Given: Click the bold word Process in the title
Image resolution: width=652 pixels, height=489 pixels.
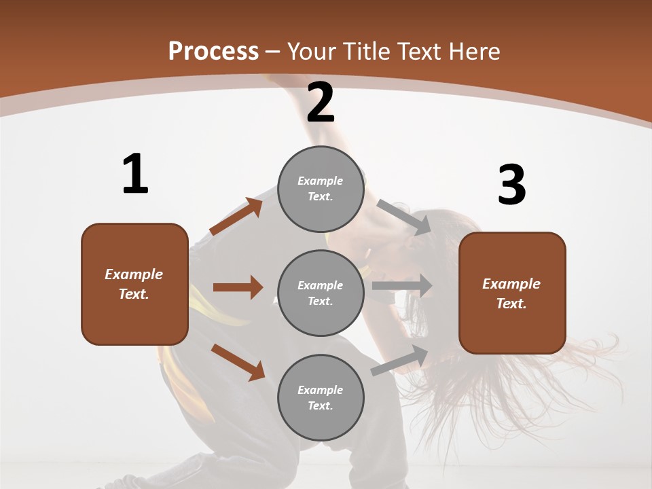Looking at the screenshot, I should click(213, 52).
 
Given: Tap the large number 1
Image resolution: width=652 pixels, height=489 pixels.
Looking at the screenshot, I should click(135, 175).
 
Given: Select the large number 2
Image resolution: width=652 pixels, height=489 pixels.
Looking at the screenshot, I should click(321, 103).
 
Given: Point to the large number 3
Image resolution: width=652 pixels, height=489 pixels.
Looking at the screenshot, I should click(511, 185).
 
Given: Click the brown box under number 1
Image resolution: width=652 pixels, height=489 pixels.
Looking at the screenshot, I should click(134, 284).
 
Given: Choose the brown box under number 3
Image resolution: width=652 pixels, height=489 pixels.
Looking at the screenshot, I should click(512, 293).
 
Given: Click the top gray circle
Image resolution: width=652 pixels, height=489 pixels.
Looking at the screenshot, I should click(321, 189).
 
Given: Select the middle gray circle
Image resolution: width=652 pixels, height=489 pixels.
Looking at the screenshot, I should click(321, 293).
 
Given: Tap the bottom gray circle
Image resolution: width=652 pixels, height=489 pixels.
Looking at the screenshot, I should click(321, 397).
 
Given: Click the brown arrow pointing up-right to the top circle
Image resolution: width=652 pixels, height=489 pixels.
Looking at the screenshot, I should click(236, 216).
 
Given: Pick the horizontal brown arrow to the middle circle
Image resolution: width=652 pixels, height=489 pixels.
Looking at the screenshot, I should click(238, 287).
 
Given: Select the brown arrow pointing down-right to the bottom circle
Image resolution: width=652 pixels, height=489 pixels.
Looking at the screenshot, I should click(238, 361).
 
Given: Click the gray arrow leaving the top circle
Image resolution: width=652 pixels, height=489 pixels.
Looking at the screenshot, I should click(403, 217).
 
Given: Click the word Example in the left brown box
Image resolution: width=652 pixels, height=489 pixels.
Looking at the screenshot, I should click(134, 274).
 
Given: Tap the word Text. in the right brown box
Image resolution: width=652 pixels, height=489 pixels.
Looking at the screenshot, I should click(511, 304).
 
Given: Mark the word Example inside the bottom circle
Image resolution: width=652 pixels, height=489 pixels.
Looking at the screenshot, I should click(321, 390).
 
